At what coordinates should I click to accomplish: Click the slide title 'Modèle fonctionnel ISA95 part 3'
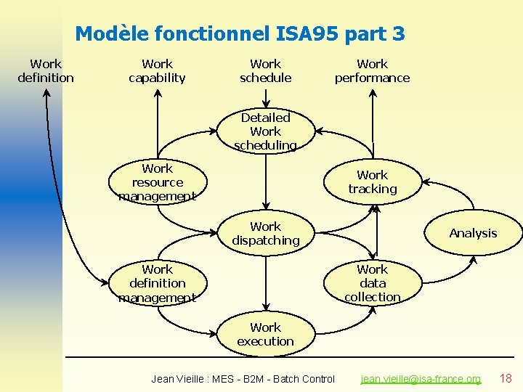[x=240, y=33]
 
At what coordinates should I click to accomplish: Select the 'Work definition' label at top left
[x=46, y=71]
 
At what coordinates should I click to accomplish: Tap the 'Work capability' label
[x=157, y=71]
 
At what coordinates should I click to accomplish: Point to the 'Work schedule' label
[x=265, y=71]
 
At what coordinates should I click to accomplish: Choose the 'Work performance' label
[x=372, y=71]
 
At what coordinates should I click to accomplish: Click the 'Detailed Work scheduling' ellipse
[x=265, y=131]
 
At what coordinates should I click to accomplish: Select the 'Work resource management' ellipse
[x=157, y=182]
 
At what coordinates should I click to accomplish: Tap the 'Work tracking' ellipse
[x=372, y=182]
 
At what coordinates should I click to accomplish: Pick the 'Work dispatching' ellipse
[x=265, y=233]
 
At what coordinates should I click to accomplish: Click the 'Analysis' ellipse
[x=473, y=233]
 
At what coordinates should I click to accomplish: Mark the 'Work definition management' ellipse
[x=157, y=283]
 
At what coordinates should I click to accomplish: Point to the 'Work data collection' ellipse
[x=372, y=283]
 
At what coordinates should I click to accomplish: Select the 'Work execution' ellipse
[x=265, y=334]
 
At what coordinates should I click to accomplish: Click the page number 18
[x=506, y=378]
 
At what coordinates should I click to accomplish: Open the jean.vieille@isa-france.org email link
[x=421, y=379]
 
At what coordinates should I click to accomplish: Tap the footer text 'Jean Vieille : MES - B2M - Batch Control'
[x=243, y=379]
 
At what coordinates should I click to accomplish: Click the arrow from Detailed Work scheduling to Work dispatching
[x=265, y=181]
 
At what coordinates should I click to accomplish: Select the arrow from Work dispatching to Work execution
[x=265, y=283]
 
